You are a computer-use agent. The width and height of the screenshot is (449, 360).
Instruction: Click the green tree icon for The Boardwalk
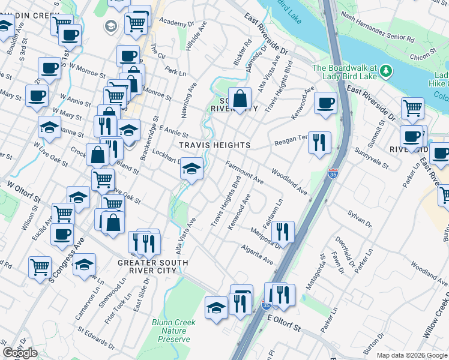point(386,71)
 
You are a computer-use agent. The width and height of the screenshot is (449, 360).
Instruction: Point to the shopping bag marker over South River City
point(240,99)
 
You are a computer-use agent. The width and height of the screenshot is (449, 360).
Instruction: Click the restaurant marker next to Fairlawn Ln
point(282,232)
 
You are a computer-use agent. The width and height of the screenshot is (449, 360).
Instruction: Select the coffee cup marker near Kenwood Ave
point(325,103)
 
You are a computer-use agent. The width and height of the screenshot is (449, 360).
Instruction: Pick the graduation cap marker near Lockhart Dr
point(191,169)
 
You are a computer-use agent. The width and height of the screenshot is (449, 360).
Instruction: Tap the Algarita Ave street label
point(258,255)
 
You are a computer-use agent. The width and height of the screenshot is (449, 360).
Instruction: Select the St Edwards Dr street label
point(95,337)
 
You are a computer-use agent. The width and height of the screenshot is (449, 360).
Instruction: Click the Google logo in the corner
point(20,353)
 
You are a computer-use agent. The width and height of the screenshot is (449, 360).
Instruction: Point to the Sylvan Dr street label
point(360,217)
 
